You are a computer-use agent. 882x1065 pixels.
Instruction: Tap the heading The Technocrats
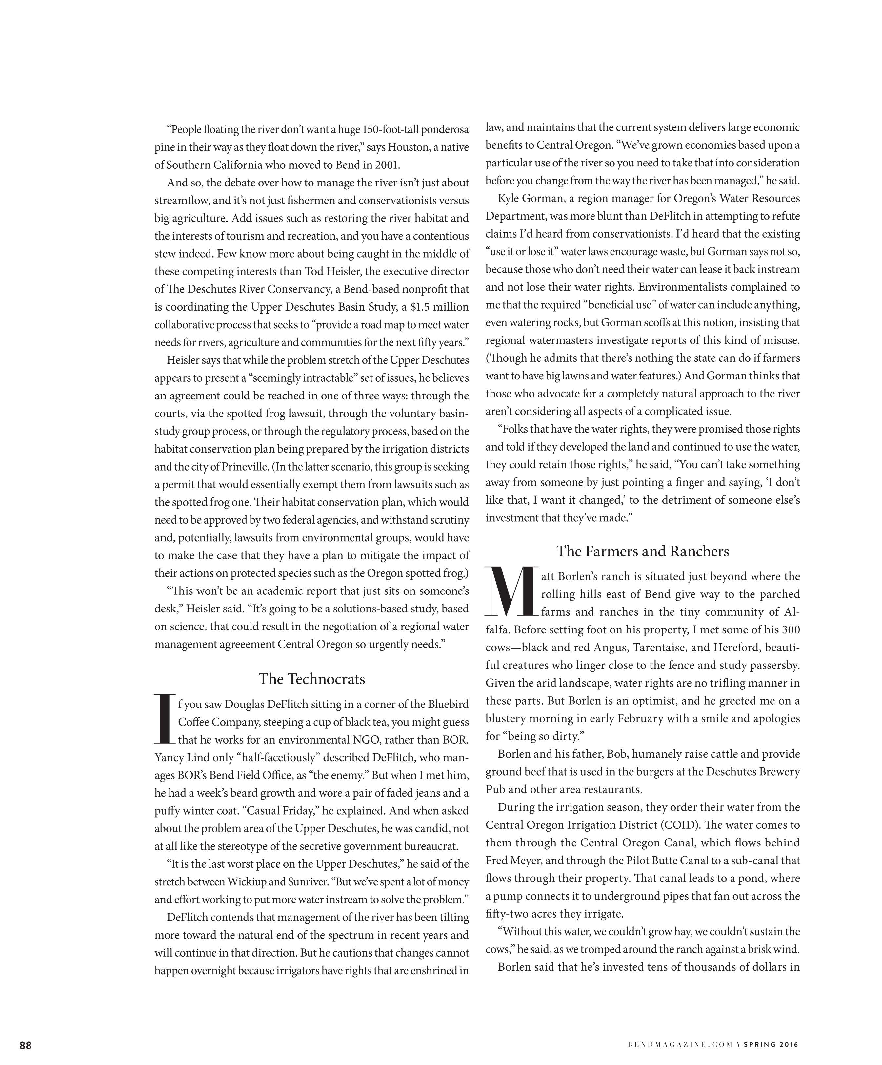click(311, 679)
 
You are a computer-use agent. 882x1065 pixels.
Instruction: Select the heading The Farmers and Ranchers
click(642, 551)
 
